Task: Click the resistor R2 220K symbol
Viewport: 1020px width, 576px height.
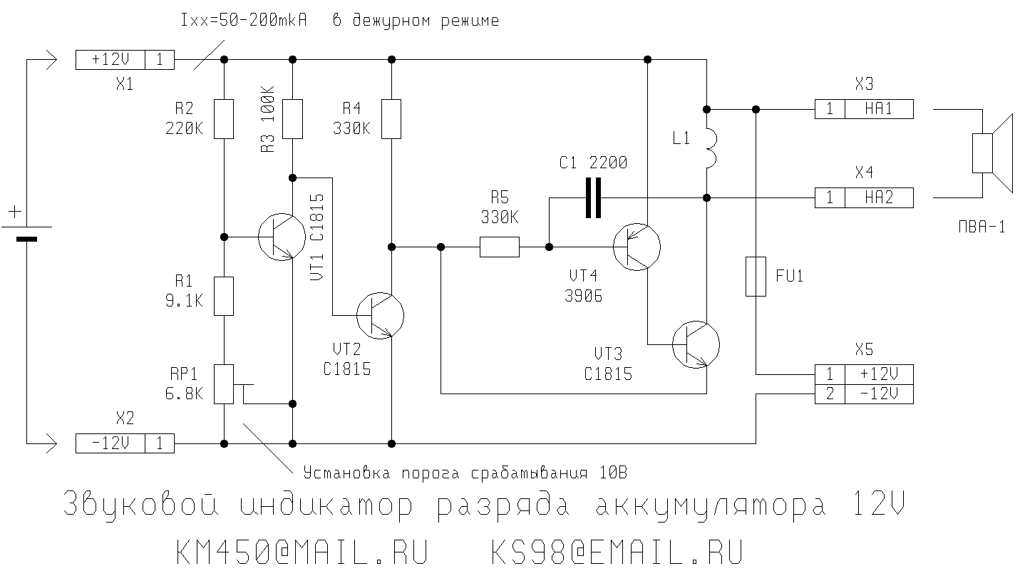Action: point(224,119)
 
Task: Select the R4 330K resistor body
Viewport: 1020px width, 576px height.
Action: point(391,119)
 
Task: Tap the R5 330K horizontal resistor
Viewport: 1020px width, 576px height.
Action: point(499,247)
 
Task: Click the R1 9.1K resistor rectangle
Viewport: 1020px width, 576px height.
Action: point(224,297)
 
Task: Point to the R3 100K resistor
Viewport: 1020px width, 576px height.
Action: point(293,119)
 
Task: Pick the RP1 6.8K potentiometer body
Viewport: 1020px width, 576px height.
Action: point(224,384)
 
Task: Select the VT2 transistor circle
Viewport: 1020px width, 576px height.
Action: point(380,314)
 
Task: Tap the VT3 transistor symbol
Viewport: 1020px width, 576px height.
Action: point(696,345)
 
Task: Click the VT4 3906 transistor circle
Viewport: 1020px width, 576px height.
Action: point(637,247)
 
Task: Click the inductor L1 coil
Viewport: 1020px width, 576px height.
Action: point(709,148)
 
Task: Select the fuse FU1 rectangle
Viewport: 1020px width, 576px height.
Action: point(756,276)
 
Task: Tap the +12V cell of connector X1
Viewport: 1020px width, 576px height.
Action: point(110,60)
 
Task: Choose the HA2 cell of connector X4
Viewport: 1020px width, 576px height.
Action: point(878,197)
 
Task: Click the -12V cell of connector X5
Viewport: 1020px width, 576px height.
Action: point(878,394)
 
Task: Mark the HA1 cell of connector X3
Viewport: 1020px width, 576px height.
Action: point(878,109)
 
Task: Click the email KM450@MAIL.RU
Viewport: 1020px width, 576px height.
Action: point(301,551)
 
